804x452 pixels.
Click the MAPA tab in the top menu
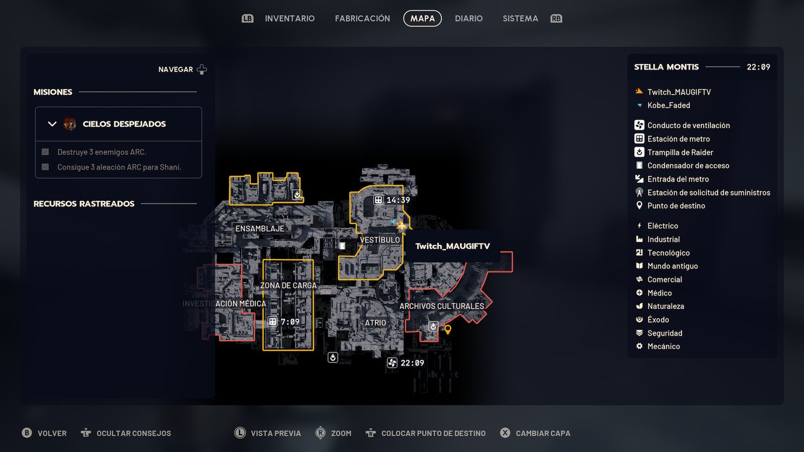pos(423,18)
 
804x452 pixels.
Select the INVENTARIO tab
pos(290,18)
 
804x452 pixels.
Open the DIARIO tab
pos(469,18)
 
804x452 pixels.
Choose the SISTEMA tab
pos(520,18)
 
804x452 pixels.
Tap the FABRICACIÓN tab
pos(363,18)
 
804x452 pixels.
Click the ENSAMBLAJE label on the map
pos(260,228)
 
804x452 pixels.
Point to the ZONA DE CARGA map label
pos(288,285)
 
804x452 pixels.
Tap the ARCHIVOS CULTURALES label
pos(441,306)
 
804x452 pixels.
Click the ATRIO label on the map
pos(376,323)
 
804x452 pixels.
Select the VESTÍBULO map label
pos(380,240)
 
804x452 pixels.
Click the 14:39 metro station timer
pos(398,200)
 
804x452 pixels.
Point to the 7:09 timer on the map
pos(290,322)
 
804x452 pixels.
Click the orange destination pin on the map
pos(448,329)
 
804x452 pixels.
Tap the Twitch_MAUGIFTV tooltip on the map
pos(453,246)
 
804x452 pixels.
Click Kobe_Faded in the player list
pos(669,105)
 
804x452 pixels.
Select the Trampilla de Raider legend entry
pos(680,152)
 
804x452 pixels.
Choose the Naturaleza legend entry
pos(666,306)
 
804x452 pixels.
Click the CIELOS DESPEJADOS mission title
pos(124,124)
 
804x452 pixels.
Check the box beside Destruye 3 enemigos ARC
pos(45,152)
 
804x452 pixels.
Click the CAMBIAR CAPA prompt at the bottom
pos(543,433)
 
